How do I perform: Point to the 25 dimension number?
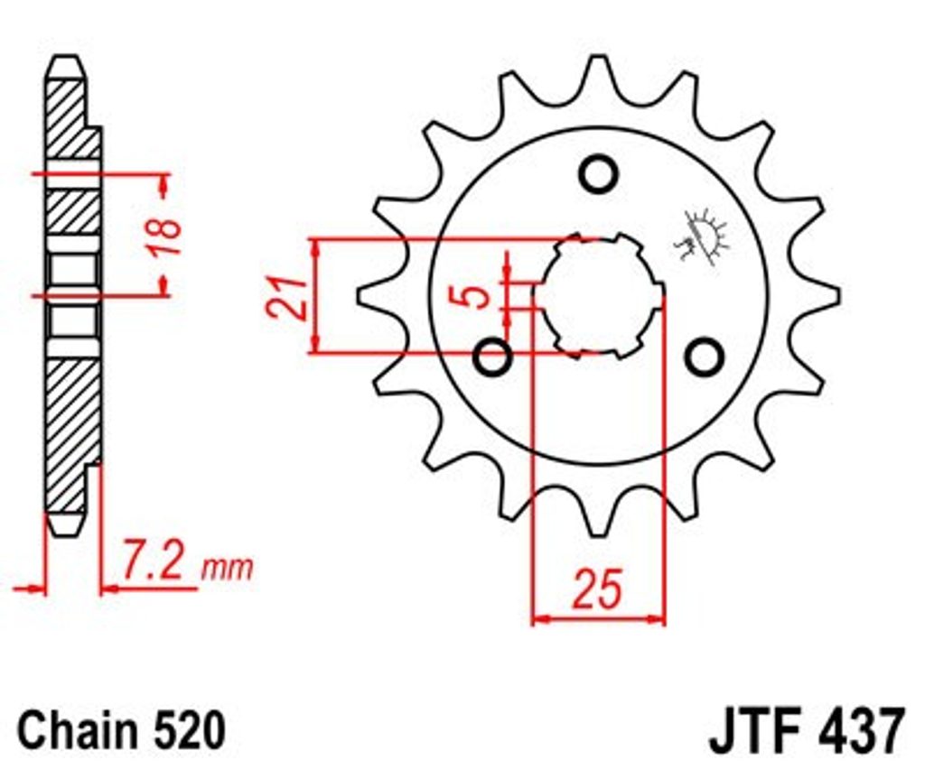tap(597, 588)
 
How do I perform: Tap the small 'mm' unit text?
tap(228, 569)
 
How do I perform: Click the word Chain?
tap(73, 731)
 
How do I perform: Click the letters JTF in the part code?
tap(751, 731)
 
